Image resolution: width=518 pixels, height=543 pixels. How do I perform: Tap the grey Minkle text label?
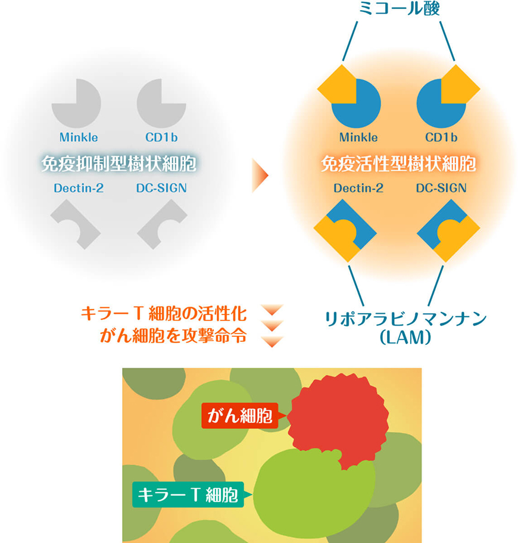79,138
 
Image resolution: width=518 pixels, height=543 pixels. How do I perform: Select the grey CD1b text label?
161,138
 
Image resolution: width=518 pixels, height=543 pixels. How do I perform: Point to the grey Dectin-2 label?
79,188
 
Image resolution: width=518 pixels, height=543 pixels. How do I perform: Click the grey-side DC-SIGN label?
161,188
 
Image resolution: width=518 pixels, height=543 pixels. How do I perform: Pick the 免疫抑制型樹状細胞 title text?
119,163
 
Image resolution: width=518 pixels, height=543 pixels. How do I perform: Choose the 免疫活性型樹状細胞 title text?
399,163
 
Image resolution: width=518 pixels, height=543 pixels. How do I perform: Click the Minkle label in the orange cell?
358,138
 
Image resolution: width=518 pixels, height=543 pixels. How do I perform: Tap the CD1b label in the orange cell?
441,138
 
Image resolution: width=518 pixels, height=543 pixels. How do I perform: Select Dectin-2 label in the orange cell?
358,188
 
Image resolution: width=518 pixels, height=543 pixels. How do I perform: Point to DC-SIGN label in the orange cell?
441,188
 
